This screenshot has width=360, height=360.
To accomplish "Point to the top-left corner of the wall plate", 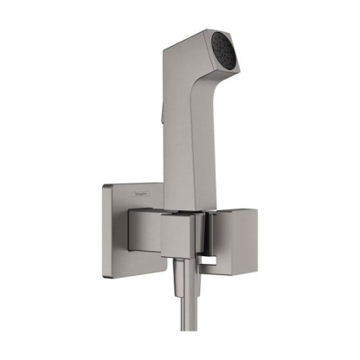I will click(106, 184).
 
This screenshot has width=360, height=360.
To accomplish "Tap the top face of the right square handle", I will click(228, 207).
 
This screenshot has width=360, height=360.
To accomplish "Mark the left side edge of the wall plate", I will click(104, 229).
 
